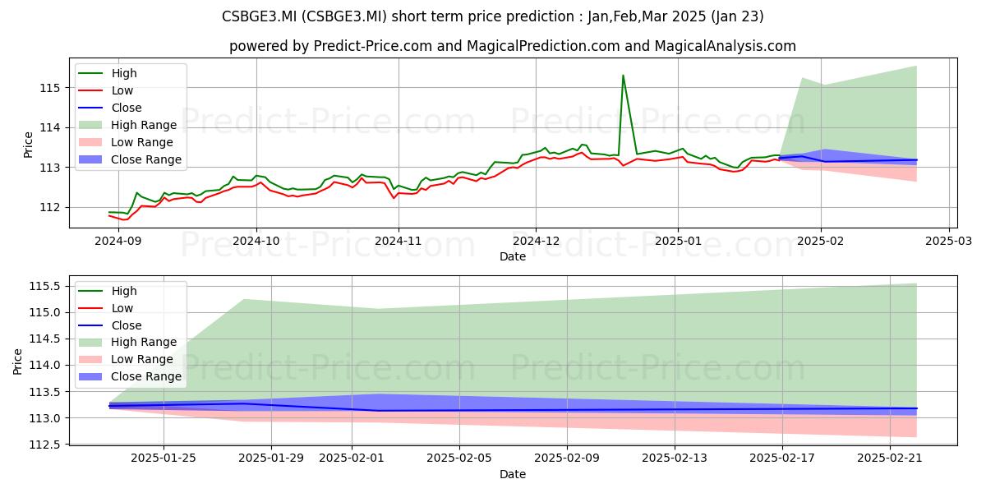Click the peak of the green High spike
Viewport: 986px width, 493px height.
click(x=623, y=76)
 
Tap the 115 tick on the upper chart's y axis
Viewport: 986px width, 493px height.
click(x=49, y=88)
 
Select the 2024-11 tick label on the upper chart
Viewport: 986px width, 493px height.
click(x=399, y=241)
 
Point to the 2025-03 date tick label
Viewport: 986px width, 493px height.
click(x=948, y=241)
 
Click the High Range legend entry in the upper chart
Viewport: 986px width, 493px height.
click(x=127, y=125)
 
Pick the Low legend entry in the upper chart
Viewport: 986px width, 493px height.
click(x=106, y=90)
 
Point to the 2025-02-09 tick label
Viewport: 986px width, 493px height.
click(x=567, y=458)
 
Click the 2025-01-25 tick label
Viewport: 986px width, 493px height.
click(x=164, y=458)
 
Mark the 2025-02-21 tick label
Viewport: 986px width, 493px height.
click(x=890, y=458)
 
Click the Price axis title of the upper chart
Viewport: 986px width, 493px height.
click(x=28, y=145)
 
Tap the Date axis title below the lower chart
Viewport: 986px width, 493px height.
click(x=513, y=474)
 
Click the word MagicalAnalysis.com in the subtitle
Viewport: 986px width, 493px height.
click(x=726, y=46)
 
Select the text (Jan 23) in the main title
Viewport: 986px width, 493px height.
click(x=737, y=16)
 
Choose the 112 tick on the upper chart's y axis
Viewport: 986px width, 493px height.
click(x=49, y=207)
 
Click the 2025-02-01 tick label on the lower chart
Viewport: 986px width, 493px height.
click(x=352, y=458)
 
